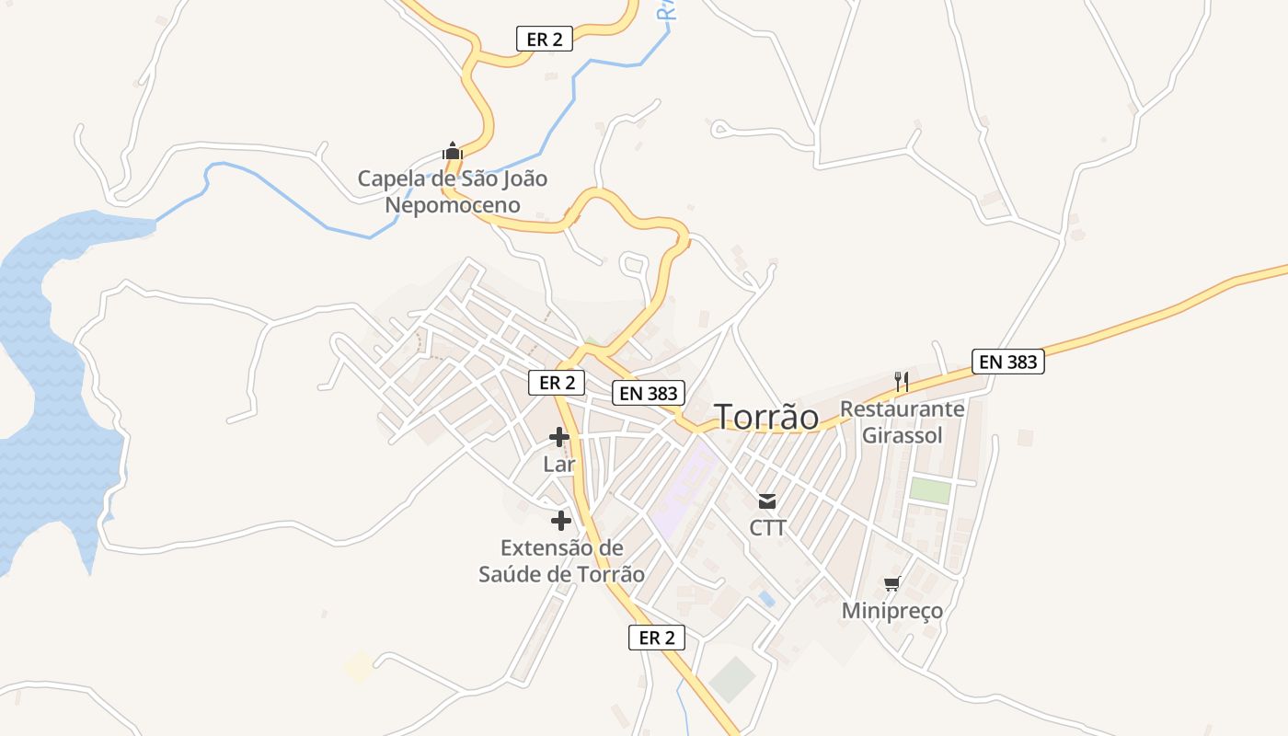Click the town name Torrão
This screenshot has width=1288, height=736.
point(766,417)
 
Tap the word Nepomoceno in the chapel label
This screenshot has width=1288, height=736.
point(452,204)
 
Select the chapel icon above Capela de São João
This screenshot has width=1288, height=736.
point(452,150)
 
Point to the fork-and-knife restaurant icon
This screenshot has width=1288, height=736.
point(902,381)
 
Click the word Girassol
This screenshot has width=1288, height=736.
point(902,435)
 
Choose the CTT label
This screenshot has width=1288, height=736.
point(767,528)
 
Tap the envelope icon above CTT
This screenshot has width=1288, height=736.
point(767,501)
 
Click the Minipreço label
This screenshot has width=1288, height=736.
point(891,611)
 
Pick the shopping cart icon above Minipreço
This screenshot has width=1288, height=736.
point(891,584)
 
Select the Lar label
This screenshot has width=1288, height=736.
point(558,465)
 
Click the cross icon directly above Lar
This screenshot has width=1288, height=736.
point(558,437)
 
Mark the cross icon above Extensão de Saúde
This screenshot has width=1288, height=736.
point(560,521)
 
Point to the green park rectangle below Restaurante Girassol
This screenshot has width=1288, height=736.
point(929,490)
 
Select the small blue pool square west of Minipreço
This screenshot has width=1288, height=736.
point(766,599)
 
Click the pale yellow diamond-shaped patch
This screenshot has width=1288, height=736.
point(358,666)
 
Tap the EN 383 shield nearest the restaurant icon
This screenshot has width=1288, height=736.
point(1008,362)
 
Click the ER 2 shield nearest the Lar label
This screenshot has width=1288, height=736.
point(557,383)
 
